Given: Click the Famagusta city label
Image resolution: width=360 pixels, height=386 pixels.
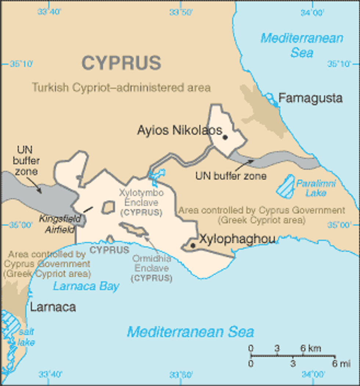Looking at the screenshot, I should (x=310, y=98).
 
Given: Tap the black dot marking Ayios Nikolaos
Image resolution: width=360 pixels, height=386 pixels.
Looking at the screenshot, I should (x=225, y=137).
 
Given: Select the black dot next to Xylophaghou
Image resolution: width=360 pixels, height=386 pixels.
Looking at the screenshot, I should (x=193, y=245).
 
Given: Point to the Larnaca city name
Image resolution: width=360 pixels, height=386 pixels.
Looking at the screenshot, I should (x=53, y=307).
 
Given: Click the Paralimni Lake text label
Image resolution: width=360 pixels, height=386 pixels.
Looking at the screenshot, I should (x=316, y=188).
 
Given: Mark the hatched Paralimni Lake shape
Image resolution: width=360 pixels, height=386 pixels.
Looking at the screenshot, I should (x=286, y=186).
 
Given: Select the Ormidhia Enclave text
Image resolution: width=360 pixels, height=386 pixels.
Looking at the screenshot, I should (x=151, y=263).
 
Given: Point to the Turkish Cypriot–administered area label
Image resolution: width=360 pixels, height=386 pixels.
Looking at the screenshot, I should (x=121, y=87).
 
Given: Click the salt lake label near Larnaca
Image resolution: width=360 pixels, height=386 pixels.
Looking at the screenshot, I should (x=26, y=337).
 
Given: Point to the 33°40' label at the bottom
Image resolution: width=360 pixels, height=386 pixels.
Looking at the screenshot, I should (x=50, y=374).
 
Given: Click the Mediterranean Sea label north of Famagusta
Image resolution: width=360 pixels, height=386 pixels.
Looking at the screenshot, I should (x=302, y=45).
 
